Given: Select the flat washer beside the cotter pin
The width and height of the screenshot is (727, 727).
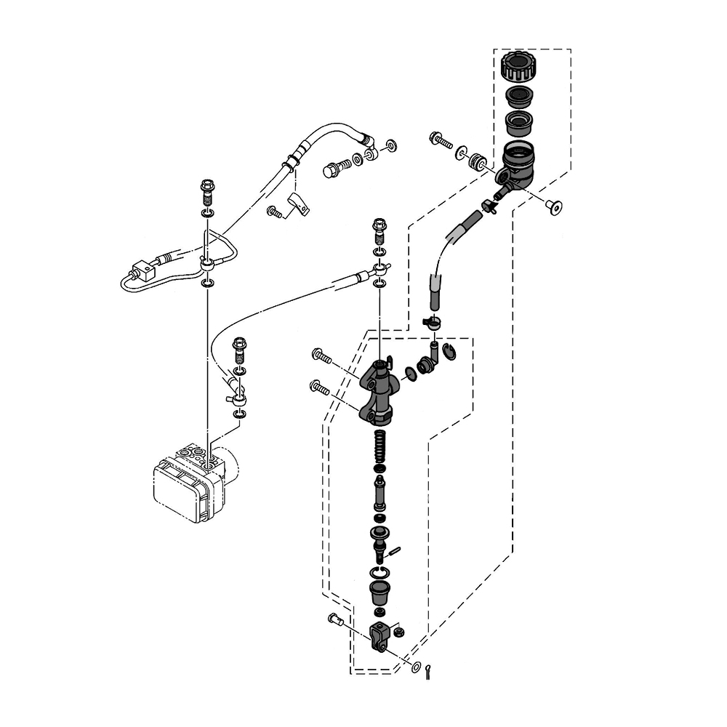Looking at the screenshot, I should (417, 667).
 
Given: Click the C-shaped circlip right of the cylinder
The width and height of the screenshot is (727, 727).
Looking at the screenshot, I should (449, 353).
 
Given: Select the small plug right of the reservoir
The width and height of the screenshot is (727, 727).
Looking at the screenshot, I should (555, 207).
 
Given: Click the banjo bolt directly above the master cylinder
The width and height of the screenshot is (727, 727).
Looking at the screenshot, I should (379, 229).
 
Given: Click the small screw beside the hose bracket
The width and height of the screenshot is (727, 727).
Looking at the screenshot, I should (274, 212).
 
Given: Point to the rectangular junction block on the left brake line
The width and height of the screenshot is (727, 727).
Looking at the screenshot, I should (144, 271).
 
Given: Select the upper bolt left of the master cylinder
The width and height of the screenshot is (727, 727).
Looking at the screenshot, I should (321, 356).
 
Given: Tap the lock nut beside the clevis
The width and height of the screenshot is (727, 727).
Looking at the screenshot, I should (399, 632).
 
